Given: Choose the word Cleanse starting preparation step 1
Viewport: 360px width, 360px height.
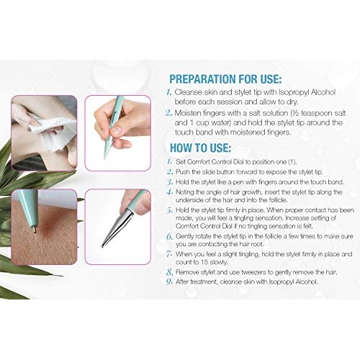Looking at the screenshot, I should pyautogui.click(x=188, y=91).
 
